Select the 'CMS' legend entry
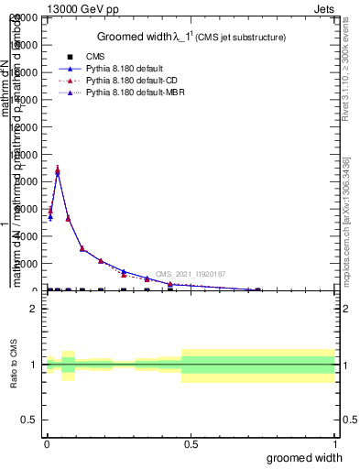pos(95,57)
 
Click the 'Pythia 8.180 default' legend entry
pos(125,69)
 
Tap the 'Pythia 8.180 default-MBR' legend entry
pos(134,93)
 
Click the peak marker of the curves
pos(58,170)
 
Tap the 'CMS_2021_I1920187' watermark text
pos(191,274)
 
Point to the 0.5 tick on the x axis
pos(191,443)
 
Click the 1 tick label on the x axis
pos(334,443)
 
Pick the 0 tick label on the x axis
pos(47,443)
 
